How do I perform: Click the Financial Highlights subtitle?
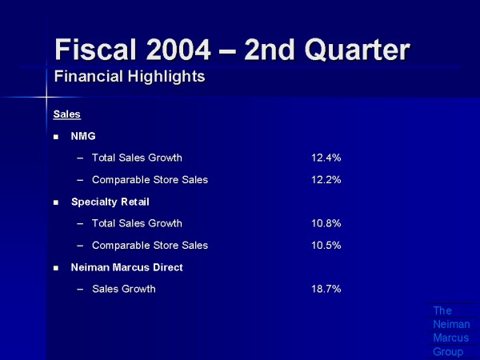pyautogui.click(x=129, y=78)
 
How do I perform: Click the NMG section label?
pyautogui.click(x=83, y=136)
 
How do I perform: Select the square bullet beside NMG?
pyautogui.click(x=56, y=137)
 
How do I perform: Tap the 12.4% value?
pyautogui.click(x=326, y=158)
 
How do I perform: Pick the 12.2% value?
pyautogui.click(x=326, y=180)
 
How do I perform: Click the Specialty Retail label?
pyautogui.click(x=110, y=202)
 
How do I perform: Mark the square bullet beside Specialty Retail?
pyautogui.click(x=56, y=202)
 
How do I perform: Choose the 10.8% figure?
pyautogui.click(x=326, y=223)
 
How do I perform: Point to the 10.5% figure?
pyautogui.click(x=326, y=246)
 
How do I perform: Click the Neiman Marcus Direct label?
pyautogui.click(x=126, y=267)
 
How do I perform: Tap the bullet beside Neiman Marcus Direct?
pyautogui.click(x=56, y=268)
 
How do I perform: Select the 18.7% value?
pyautogui.click(x=326, y=289)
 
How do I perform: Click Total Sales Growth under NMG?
pyautogui.click(x=137, y=158)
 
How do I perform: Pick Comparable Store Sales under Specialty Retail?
pyautogui.click(x=150, y=246)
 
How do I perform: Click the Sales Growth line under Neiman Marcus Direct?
pyautogui.click(x=123, y=289)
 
